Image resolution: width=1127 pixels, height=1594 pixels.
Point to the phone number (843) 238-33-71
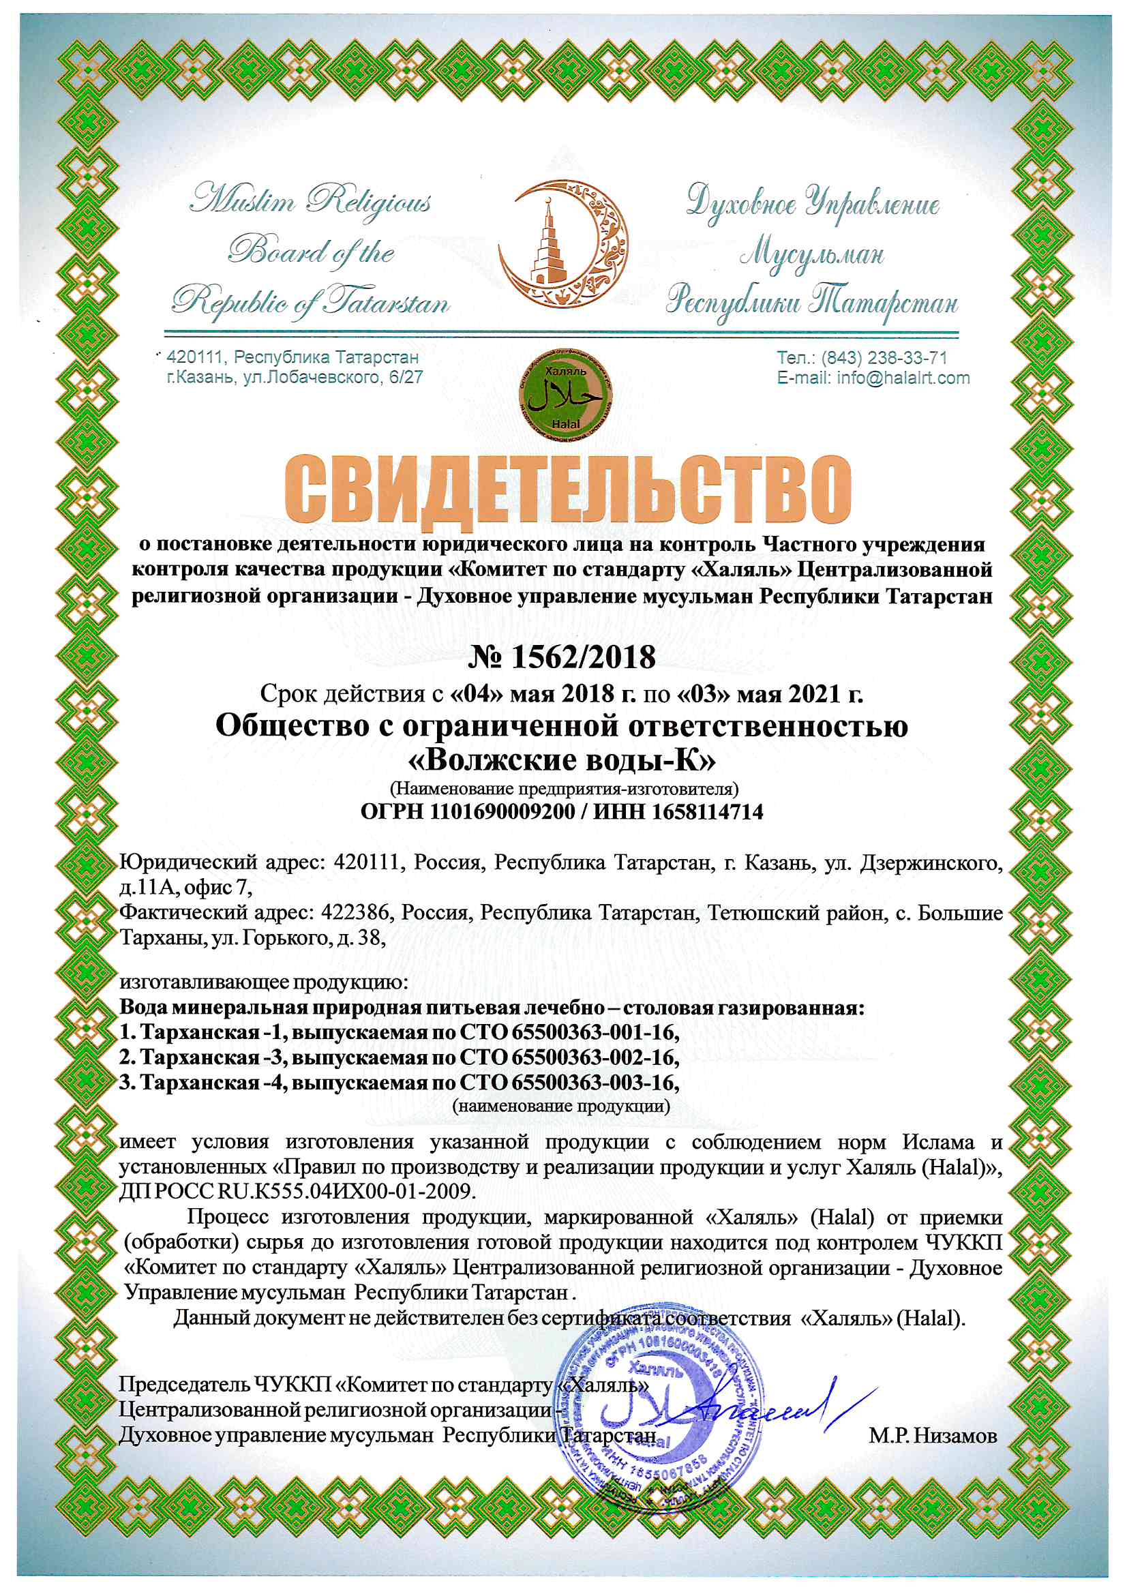(884, 358)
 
